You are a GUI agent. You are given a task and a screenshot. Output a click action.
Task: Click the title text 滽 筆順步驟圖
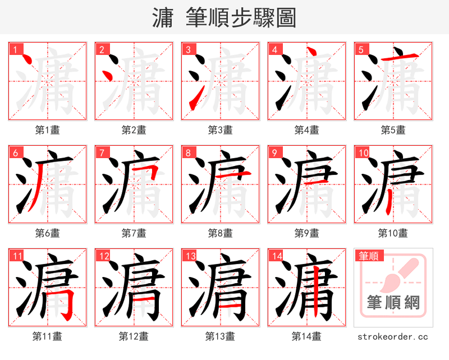pyautogui.click(x=224, y=18)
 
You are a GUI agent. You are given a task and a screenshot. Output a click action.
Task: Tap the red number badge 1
pyautogui.click(x=15, y=49)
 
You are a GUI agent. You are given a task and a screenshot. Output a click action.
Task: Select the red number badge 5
pyautogui.click(x=360, y=49)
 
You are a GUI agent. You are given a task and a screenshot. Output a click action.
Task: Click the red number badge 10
pyautogui.click(x=363, y=153)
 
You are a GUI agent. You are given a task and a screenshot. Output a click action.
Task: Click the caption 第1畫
pyautogui.click(x=47, y=130)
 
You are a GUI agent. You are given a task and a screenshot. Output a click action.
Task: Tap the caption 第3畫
pyautogui.click(x=220, y=130)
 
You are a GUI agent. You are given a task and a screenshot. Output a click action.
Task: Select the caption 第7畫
pyautogui.click(x=134, y=233)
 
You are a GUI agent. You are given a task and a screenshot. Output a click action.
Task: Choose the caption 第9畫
pyautogui.click(x=306, y=233)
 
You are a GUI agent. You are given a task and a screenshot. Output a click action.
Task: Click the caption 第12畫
pyautogui.click(x=134, y=336)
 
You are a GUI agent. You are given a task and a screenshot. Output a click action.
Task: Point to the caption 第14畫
pyautogui.click(x=306, y=336)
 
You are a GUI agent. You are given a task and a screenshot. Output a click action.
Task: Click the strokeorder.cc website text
pyautogui.click(x=393, y=336)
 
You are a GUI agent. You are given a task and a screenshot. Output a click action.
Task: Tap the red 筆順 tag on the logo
pyautogui.click(x=368, y=256)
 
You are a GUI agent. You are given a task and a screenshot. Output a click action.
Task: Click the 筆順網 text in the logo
pyautogui.click(x=393, y=303)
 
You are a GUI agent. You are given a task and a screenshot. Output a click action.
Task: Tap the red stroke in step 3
pyautogui.click(x=194, y=100)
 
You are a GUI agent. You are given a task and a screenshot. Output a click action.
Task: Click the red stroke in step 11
pyautogui.click(x=67, y=303)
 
